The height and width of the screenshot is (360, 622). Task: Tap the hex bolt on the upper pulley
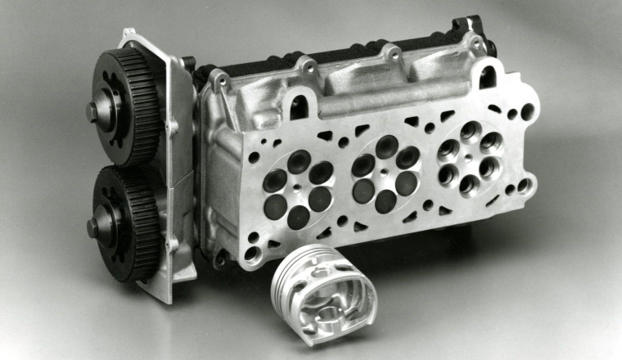coord(92,110)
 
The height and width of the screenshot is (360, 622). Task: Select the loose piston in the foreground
coord(323,290)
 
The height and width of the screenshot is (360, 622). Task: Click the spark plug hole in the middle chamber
coord(385,171)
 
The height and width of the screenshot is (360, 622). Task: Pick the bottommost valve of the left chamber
coord(299,217)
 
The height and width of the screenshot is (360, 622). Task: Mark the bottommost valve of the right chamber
coord(469,182)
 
